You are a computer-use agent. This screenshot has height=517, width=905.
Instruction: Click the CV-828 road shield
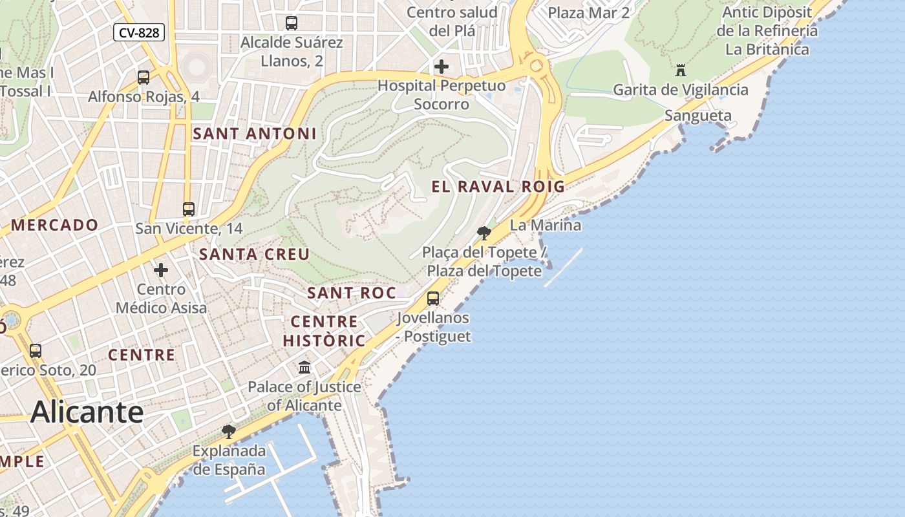click(x=139, y=32)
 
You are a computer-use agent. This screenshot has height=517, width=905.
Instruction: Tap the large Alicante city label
click(x=87, y=412)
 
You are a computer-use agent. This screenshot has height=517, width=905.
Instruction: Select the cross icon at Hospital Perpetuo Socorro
click(x=442, y=66)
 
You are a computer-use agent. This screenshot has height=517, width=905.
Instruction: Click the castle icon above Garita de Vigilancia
click(x=680, y=70)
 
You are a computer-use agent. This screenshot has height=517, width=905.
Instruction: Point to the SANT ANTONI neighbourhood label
click(x=255, y=134)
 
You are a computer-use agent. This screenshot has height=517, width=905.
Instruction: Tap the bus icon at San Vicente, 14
click(x=189, y=209)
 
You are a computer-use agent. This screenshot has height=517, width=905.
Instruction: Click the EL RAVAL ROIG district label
click(x=498, y=187)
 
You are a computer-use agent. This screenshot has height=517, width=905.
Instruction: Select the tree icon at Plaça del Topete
click(x=484, y=233)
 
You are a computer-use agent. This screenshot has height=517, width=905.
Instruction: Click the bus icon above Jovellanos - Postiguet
click(x=433, y=299)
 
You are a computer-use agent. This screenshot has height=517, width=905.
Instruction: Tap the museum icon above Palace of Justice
click(x=304, y=368)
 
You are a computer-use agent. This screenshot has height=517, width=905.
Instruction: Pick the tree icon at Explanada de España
click(x=228, y=431)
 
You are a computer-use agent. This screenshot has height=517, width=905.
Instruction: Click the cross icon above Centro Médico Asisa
click(x=161, y=269)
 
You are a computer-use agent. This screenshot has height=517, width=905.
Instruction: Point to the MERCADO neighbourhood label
click(x=54, y=226)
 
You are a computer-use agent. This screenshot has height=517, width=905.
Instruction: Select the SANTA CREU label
click(x=255, y=255)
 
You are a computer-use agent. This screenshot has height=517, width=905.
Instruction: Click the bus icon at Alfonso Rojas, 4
click(x=144, y=78)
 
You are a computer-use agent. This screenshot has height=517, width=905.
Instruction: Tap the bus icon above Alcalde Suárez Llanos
click(x=292, y=23)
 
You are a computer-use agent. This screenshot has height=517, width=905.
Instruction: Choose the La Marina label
click(x=545, y=226)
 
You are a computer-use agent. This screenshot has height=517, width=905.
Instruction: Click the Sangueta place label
click(x=698, y=116)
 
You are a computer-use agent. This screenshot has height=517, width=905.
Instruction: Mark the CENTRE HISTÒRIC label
click(x=323, y=331)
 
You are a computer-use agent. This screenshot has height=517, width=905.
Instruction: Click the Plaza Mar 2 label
click(x=588, y=12)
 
